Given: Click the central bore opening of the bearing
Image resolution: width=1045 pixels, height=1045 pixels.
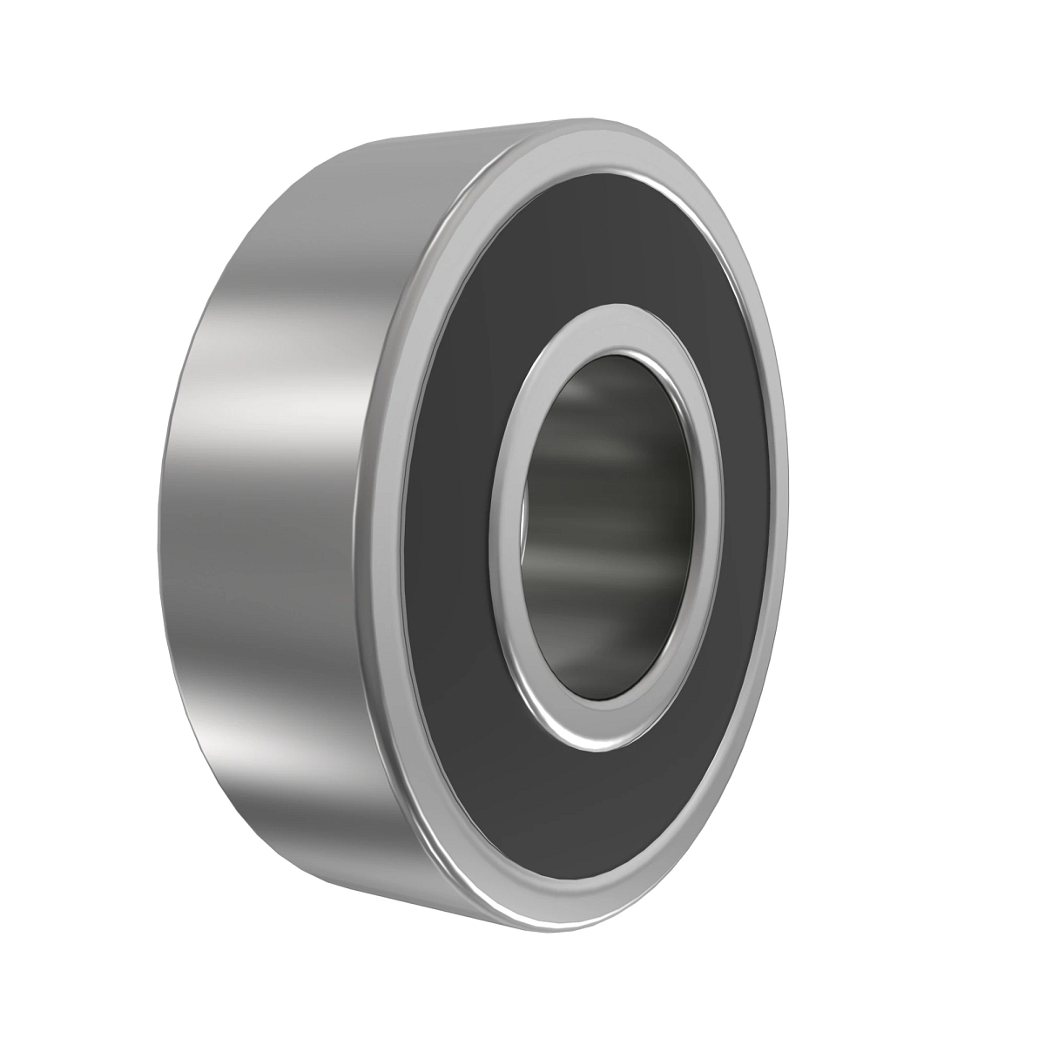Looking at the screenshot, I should pyautogui.click(x=610, y=522).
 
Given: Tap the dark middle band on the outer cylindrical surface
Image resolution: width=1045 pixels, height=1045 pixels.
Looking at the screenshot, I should pyautogui.click(x=261, y=540).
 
